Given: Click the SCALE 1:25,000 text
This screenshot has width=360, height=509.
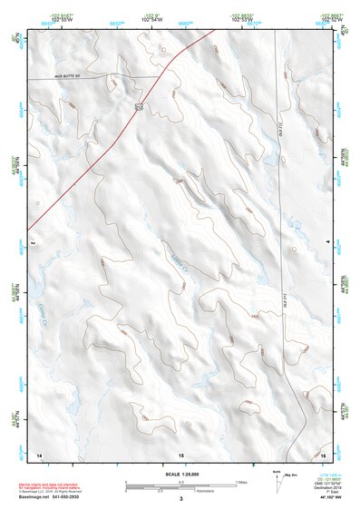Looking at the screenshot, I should pyautogui.click(x=180, y=474).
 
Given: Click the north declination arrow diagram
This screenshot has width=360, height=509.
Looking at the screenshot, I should pyautogui.click(x=277, y=482).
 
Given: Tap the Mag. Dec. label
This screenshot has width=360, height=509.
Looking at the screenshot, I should pyautogui.click(x=290, y=475).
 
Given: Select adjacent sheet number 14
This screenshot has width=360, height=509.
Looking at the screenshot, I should pyautogui.click(x=39, y=453).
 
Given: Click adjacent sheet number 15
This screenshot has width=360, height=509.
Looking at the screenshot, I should pyautogui.click(x=180, y=453).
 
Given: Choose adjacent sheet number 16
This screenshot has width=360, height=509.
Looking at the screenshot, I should pyautogui.click(x=323, y=453).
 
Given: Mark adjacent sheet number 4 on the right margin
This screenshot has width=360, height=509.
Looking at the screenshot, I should pyautogui.click(x=327, y=242).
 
